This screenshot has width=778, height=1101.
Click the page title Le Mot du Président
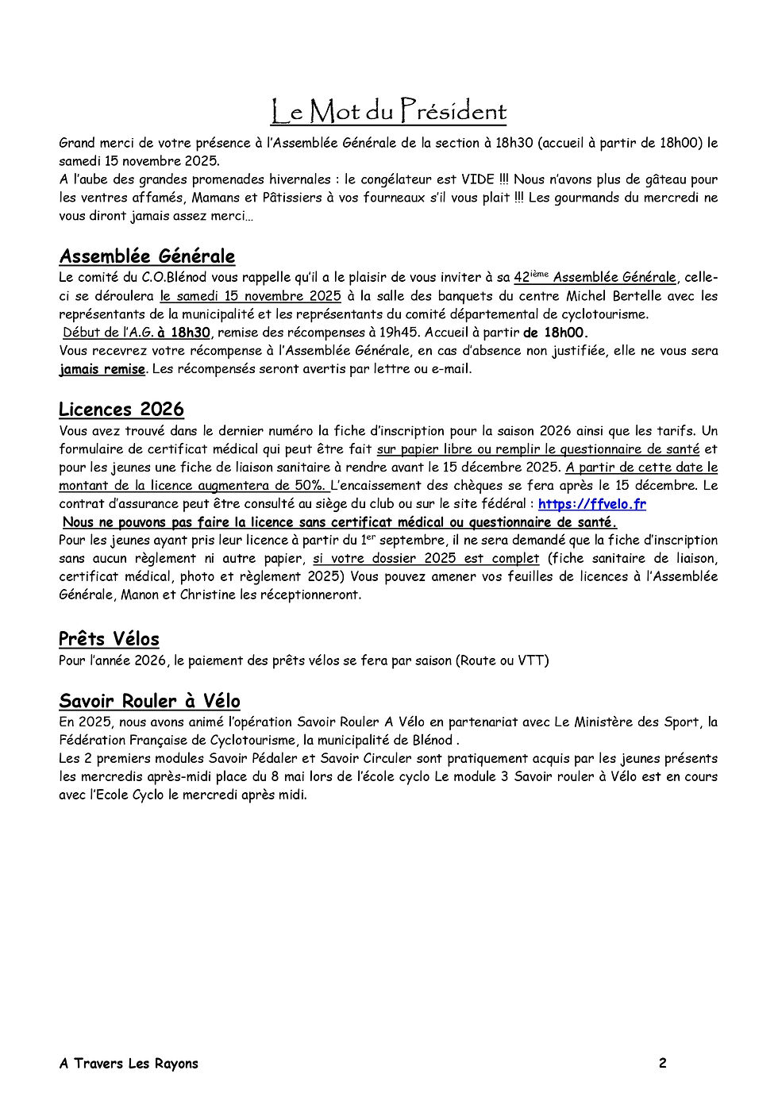(388, 112)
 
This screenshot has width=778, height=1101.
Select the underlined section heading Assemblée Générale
(147, 256)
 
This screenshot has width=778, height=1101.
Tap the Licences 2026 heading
(121, 410)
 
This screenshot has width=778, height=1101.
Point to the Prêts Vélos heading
(109, 639)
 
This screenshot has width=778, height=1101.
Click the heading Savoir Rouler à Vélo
(149, 701)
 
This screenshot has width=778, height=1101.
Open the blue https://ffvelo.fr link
(591, 504)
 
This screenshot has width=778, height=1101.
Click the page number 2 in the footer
(662, 1063)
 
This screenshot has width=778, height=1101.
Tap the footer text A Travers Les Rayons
(129, 1064)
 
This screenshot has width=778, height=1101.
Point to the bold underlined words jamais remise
(102, 369)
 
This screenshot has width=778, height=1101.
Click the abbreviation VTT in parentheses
(530, 660)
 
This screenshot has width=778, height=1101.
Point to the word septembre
(411, 541)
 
